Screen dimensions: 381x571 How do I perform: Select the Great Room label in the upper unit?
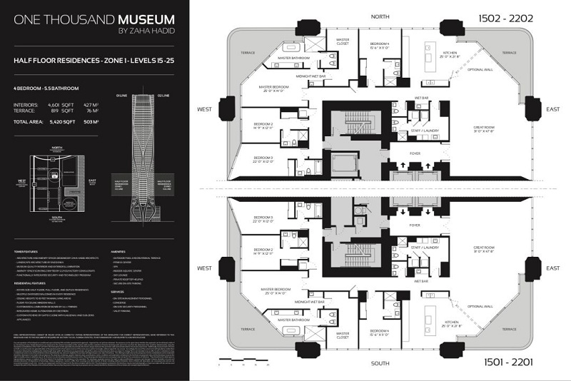[484, 129]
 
